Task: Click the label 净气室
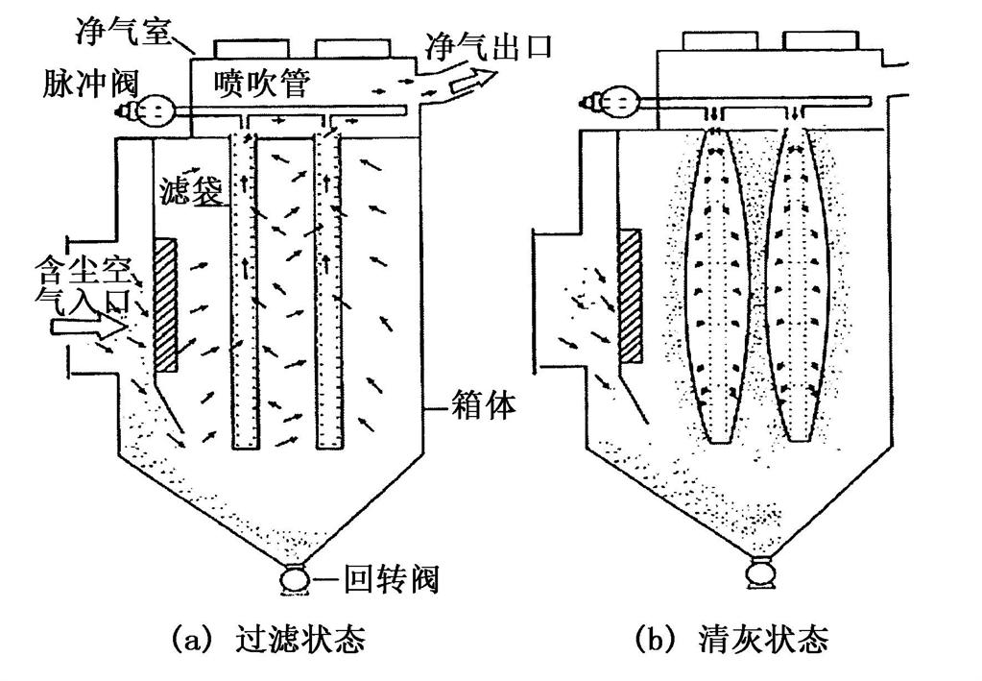point(123,29)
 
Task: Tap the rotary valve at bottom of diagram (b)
point(761,573)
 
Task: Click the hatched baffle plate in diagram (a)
point(165,304)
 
